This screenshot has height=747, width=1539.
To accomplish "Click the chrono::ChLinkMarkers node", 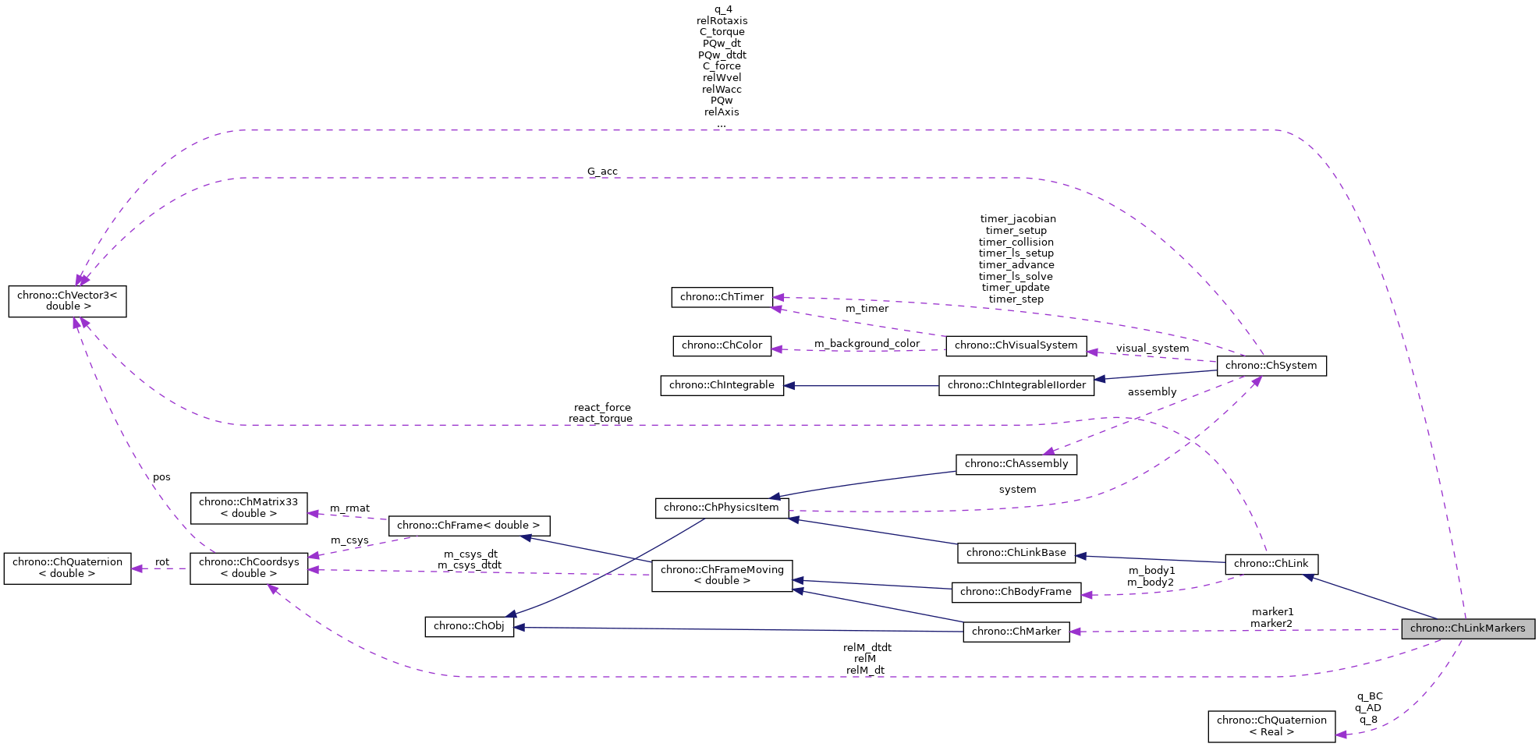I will (x=1467, y=628).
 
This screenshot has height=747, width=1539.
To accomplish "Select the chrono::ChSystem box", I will (x=1271, y=366).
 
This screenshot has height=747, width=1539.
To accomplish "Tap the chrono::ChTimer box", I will (x=722, y=297).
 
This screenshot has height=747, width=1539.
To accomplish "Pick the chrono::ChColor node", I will (x=722, y=345).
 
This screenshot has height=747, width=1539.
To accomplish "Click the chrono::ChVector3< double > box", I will (x=67, y=301).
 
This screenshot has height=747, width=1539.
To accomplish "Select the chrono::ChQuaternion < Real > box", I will (x=1271, y=726).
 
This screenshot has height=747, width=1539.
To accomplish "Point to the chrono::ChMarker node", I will (x=1016, y=632).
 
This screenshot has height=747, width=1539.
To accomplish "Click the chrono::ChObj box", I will (x=469, y=626).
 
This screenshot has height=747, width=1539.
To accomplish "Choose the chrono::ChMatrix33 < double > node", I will (x=249, y=508).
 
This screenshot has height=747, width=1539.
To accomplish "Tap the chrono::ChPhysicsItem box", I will (x=721, y=508).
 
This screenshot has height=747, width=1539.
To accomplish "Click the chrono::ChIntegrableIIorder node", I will (x=1016, y=385).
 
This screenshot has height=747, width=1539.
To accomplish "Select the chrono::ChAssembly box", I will (x=1016, y=464).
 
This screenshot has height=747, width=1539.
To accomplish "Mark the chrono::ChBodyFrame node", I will (x=1016, y=592).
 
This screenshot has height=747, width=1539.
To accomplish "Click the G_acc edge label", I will (x=602, y=172).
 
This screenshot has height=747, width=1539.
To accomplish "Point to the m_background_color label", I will (x=867, y=344).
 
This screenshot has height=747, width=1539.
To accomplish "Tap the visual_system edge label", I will (x=1152, y=349).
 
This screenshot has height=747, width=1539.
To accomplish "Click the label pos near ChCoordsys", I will (x=161, y=477).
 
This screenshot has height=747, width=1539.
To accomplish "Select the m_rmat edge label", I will (x=349, y=508).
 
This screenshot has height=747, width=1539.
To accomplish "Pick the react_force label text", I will (x=601, y=408).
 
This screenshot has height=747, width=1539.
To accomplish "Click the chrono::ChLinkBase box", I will (x=1016, y=553).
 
